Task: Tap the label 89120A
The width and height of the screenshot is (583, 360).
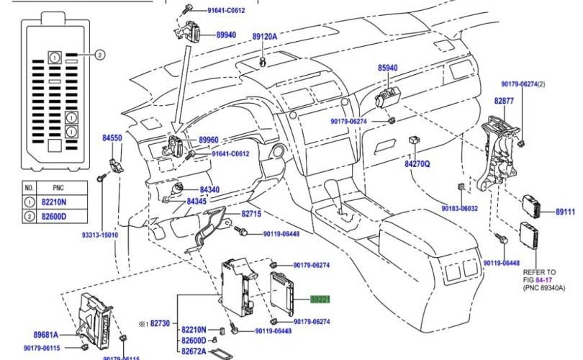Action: point(264,36)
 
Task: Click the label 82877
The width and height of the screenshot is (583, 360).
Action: point(504,102)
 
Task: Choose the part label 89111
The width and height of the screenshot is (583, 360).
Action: point(566,212)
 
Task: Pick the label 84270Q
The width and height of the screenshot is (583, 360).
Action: point(417,164)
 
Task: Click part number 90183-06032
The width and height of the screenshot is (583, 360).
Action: point(458,208)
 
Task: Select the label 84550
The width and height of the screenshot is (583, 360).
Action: point(112,138)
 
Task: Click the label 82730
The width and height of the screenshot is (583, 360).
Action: point(159,325)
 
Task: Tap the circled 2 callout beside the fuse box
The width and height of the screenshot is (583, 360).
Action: point(100,55)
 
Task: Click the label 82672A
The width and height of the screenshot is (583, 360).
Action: point(194,351)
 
